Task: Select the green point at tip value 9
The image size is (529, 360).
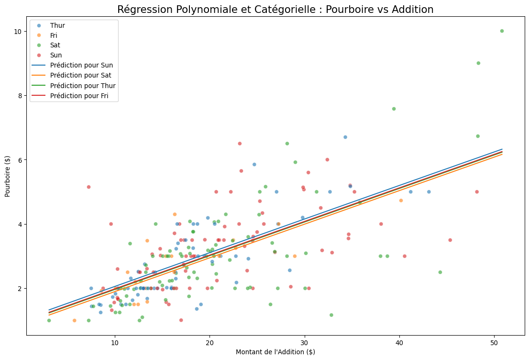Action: pyautogui.click(x=478, y=63)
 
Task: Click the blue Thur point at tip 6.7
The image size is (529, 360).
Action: pyautogui.click(x=345, y=137)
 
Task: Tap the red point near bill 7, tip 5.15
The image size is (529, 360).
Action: pyautogui.click(x=88, y=187)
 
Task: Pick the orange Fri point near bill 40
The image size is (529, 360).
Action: pyautogui.click(x=401, y=201)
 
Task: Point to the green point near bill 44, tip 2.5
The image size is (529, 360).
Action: pyautogui.click(x=440, y=272)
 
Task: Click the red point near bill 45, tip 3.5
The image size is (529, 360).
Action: pyautogui.click(x=450, y=240)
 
